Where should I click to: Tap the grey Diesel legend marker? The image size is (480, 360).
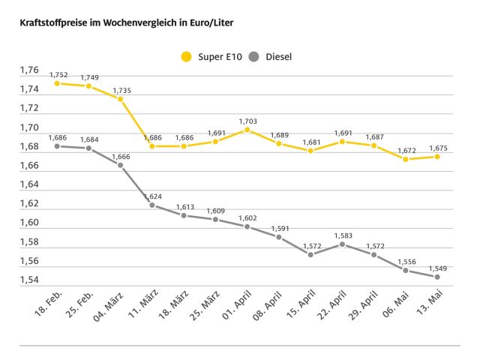253,55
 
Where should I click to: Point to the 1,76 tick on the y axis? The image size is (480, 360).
29,70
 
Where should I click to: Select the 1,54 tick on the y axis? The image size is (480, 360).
29,280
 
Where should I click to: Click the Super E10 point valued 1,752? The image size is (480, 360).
57,83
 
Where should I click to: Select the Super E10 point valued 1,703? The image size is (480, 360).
247,130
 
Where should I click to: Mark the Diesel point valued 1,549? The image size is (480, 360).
437,277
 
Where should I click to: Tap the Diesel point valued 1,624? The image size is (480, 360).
152,205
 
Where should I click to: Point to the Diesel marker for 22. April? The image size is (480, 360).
342,244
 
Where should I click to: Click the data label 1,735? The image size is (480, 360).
121,90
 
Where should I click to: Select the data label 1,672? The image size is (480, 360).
406,150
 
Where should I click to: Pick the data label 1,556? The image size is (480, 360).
406,261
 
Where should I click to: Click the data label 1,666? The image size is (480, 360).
121,155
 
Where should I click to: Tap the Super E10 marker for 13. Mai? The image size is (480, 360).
437,156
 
